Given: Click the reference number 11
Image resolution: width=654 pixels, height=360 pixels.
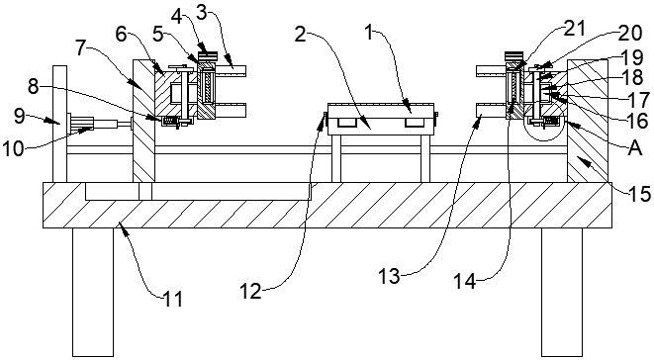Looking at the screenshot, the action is (173, 299).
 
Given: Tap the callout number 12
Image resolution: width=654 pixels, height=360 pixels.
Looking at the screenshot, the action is (250, 291).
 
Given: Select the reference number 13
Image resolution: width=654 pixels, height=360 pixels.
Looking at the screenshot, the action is (389, 276).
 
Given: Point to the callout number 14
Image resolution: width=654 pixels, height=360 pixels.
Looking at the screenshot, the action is (465, 281).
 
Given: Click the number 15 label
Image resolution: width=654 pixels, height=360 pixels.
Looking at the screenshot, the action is (639, 193).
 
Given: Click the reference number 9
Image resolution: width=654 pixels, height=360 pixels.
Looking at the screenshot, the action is (20, 116).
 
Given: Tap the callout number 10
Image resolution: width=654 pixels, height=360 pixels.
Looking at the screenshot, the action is (13, 148).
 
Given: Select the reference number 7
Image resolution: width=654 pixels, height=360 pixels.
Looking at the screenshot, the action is (82, 48).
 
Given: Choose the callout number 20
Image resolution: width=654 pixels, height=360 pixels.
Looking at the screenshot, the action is (630, 33).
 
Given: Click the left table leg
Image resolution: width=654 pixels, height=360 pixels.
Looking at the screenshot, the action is (93, 292).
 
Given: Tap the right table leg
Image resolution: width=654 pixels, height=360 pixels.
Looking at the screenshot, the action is (562, 292).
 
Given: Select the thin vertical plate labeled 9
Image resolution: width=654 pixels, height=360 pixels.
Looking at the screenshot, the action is (59, 124).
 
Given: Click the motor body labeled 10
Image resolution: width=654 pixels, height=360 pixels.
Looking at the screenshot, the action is (82, 124).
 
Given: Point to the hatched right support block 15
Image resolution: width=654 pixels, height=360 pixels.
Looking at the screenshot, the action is (588, 121).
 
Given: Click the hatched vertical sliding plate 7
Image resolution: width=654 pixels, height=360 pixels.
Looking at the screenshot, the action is (143, 121).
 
